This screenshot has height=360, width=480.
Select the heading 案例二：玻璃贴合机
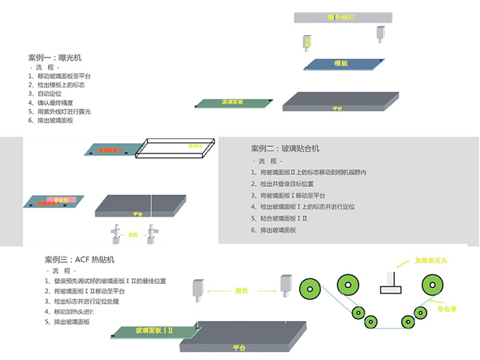(x=285, y=148)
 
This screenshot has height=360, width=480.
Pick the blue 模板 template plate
(x=340, y=64)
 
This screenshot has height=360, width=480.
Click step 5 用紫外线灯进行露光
(x=64, y=111)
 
